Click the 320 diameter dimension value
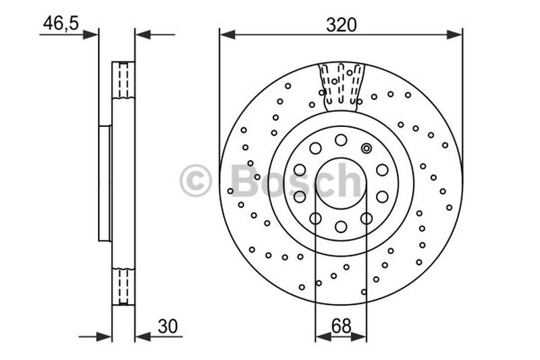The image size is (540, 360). (341, 25)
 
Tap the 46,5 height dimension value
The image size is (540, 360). (61, 23)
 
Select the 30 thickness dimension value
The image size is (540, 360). (167, 326)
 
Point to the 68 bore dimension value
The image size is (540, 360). (341, 326)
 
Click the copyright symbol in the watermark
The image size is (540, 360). (195, 180)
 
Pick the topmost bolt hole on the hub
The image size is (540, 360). (341, 140)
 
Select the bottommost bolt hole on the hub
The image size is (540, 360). (341, 227)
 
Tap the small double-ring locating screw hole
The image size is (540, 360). (367, 148)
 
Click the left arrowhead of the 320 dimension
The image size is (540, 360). (227, 34)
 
